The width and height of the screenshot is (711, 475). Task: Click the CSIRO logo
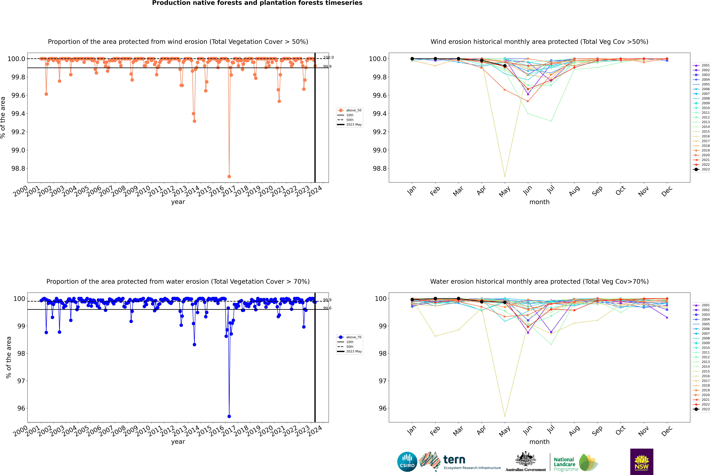click(x=407, y=462)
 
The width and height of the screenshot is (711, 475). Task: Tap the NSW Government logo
click(x=642, y=462)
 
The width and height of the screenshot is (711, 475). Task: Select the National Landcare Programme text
click(x=564, y=464)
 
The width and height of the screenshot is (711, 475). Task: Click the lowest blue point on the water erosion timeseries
click(x=229, y=416)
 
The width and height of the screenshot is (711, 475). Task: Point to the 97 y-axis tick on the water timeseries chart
click(x=21, y=381)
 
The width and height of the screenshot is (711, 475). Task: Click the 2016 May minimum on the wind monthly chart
click(x=505, y=176)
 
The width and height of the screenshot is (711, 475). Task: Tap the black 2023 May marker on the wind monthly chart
click(x=505, y=66)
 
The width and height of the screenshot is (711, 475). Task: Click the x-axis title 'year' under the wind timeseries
click(x=178, y=202)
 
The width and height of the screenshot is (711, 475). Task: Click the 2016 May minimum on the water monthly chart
click(x=505, y=416)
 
